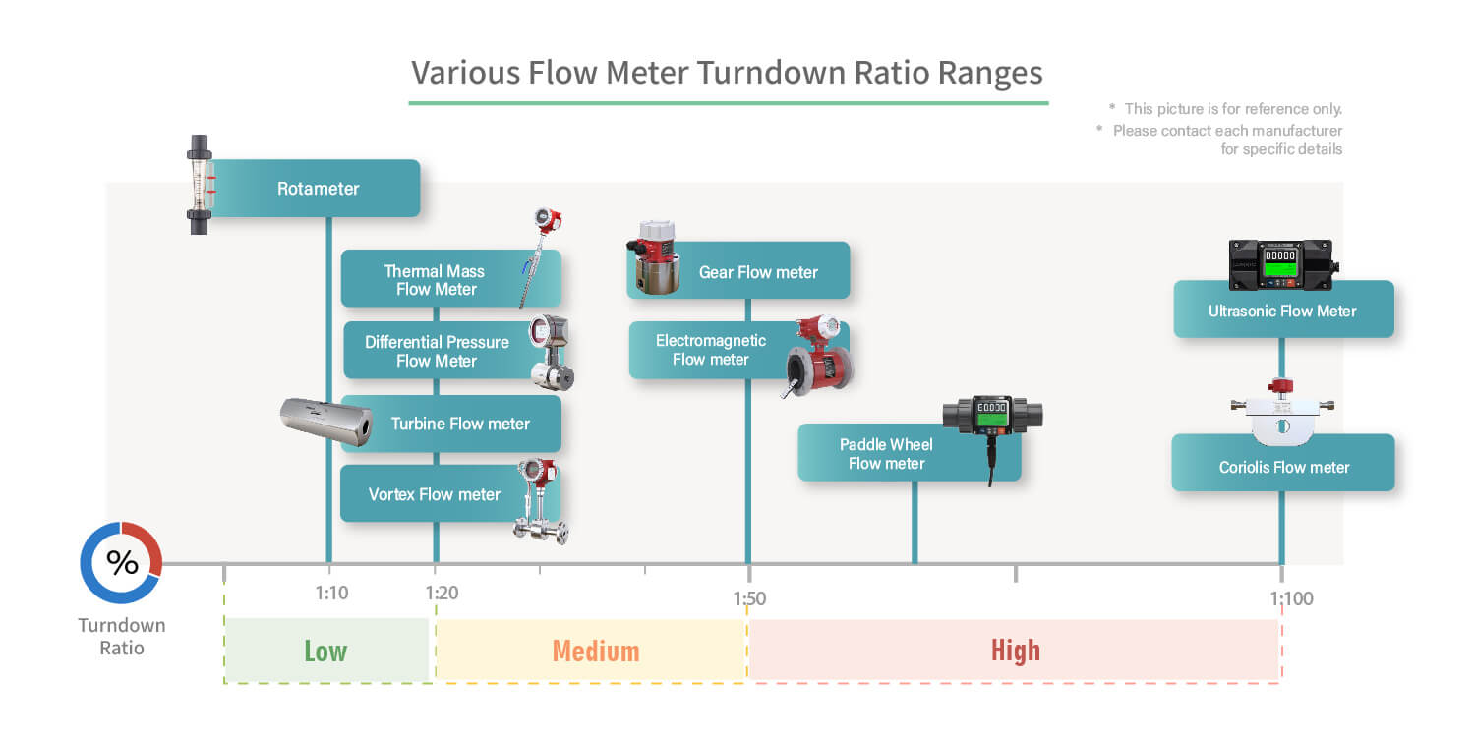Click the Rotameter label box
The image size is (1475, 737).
point(315,189)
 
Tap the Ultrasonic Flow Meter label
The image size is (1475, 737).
point(1283,310)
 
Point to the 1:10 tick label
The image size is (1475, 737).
point(331,593)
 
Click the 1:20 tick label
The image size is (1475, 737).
point(442,593)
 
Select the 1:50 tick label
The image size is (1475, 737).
point(749,598)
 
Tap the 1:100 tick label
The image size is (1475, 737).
point(1291,598)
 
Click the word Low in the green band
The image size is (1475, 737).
point(325,651)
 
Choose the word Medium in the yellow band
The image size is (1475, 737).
point(596,651)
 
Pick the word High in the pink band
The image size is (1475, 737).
point(1016,651)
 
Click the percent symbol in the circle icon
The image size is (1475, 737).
point(123,563)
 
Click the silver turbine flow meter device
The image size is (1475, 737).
point(326,422)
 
